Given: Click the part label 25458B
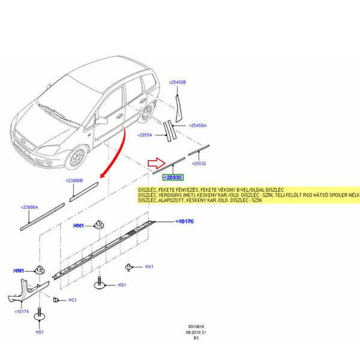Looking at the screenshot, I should pos(178,82).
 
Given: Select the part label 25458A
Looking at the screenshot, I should pos(198,125).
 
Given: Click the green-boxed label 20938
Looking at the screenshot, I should pos(173,177).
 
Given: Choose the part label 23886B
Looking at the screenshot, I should pos(74,180).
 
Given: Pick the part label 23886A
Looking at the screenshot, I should pos(29,208).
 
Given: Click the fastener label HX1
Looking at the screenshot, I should pos(150,266).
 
